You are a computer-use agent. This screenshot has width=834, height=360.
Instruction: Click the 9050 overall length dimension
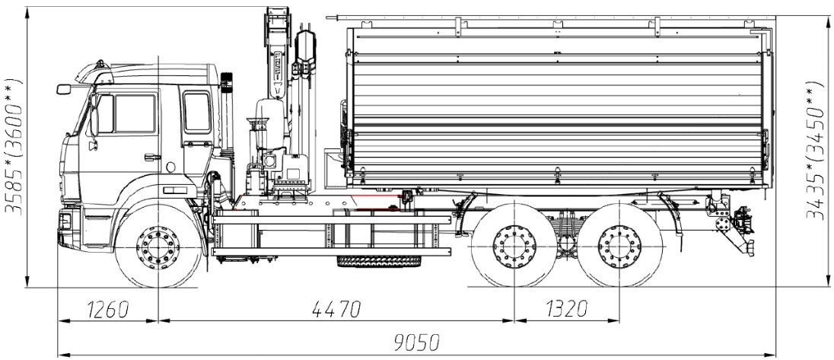pyautogui.click(x=416, y=343)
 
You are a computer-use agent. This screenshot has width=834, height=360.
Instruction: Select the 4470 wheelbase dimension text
pyautogui.click(x=336, y=309)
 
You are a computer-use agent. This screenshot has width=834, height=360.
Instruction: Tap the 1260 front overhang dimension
pyautogui.click(x=107, y=309)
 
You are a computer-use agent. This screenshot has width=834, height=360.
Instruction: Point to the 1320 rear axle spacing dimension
pyautogui.click(x=566, y=309)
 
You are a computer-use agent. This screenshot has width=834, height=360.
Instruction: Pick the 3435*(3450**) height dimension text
pyautogui.click(x=816, y=151)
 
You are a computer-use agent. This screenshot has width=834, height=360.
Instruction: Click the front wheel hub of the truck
pyautogui.click(x=158, y=248)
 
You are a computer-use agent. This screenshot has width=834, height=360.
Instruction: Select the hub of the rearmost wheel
pyautogui.click(x=619, y=247)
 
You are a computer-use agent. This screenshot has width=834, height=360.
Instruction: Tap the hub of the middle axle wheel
pyautogui.click(x=514, y=247)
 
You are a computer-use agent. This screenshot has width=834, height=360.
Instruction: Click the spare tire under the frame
pyautogui.click(x=379, y=261)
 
